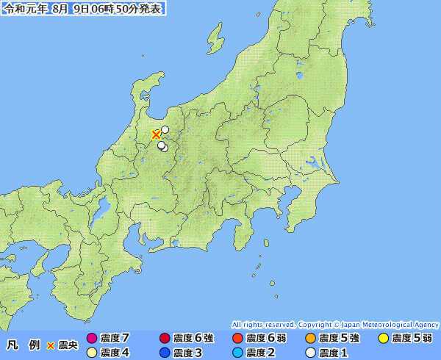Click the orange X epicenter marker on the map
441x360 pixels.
tap(156, 134)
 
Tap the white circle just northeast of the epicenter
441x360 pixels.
tap(165, 130)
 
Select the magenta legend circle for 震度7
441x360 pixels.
tap(92, 339)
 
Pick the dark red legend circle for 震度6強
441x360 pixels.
tap(164, 339)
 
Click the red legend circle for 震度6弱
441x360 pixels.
tap(237, 339)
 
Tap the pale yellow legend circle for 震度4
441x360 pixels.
tap(92, 353)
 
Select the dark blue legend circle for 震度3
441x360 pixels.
tap(164, 353)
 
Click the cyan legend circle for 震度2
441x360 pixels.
tap(237, 353)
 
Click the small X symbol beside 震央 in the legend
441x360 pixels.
tap(51, 345)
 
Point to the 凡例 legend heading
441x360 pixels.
tap(22, 345)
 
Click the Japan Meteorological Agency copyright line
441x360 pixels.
tap(334, 325)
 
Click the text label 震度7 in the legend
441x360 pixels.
tap(116, 339)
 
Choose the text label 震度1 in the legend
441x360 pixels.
tap(334, 353)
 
